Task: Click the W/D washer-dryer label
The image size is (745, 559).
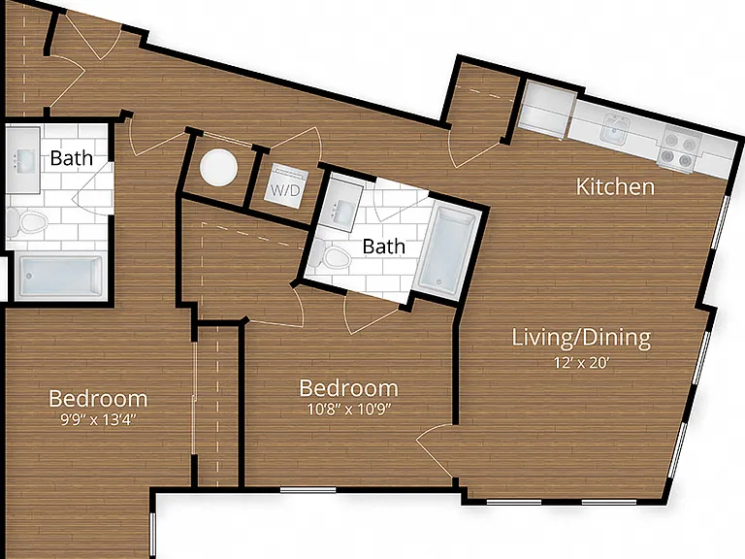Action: coord(285,190)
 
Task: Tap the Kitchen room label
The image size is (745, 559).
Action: coord(615,186)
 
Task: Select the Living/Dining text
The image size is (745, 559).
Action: coord(581,338)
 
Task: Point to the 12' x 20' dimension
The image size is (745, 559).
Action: coord(581,363)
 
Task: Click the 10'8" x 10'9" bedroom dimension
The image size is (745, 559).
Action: coord(349,409)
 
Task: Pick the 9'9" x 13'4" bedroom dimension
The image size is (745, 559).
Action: coord(98,419)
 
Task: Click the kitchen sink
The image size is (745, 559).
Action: coord(615,129)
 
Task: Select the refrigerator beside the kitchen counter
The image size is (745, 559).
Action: coord(545,111)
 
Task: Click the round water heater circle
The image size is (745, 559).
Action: coord(218,167)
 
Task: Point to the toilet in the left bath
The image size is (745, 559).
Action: coord(27,222)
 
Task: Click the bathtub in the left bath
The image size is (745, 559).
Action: coord(60,277)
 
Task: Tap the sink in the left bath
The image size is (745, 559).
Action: coord(23,160)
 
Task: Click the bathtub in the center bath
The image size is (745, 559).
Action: coord(447,251)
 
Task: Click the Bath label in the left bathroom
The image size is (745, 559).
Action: coord(71,158)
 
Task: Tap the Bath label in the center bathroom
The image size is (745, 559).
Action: coord(384,247)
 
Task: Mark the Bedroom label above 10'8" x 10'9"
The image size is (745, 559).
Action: coord(349,388)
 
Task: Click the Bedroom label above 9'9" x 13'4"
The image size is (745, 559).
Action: coord(98,399)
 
